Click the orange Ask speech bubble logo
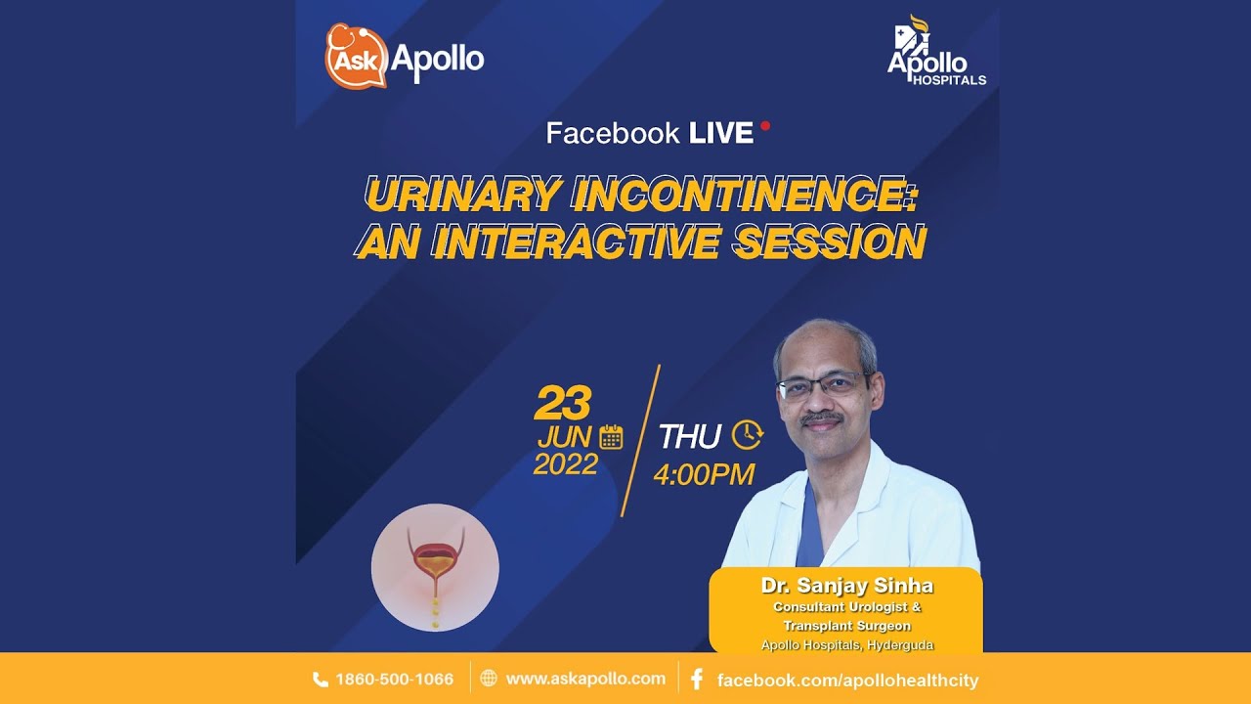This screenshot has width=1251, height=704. click(x=357, y=56)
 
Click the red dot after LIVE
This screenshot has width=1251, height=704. click(x=765, y=126)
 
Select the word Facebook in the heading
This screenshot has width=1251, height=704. click(x=613, y=133)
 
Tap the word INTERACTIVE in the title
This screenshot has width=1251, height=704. click(x=576, y=242)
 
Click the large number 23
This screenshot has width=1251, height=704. click(x=562, y=402)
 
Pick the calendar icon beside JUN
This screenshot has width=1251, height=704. click(x=611, y=437)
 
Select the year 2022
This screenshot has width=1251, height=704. click(x=566, y=464)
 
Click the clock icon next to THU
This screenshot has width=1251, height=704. click(x=748, y=435)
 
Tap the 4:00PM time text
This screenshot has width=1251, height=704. click(x=704, y=474)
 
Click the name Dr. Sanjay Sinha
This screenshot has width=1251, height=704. click(x=846, y=586)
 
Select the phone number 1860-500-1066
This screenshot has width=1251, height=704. click(x=394, y=680)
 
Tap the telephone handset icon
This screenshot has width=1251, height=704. click(x=320, y=680)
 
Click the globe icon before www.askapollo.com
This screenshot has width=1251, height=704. click(x=489, y=679)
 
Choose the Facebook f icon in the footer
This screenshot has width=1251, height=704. click(x=697, y=680)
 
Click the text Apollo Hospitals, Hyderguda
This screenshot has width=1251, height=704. click(x=846, y=644)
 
